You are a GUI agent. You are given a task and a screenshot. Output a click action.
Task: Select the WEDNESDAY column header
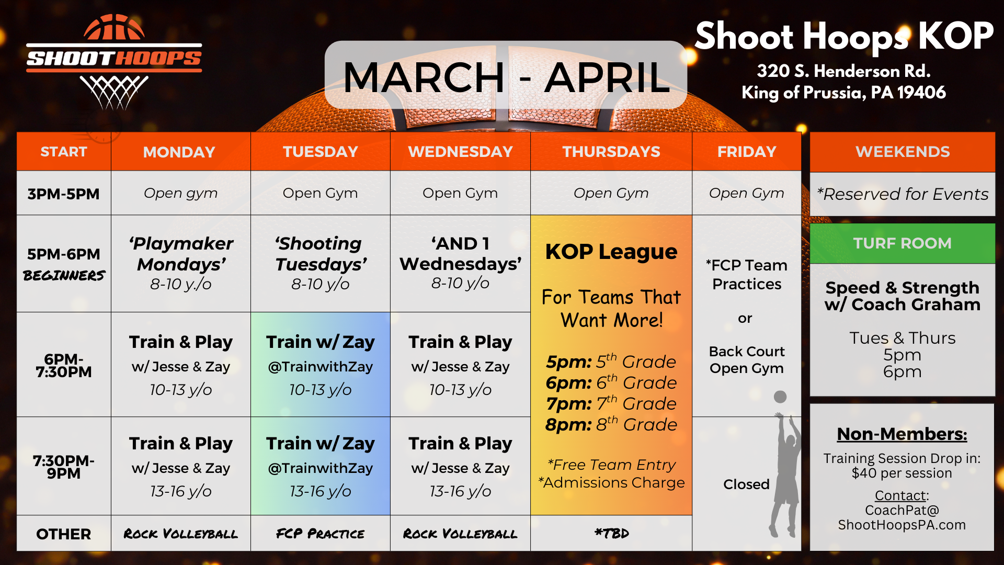[x=460, y=152]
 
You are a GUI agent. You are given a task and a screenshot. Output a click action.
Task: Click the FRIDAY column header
[x=747, y=152]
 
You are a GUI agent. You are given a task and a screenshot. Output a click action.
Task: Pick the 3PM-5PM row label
[x=63, y=194]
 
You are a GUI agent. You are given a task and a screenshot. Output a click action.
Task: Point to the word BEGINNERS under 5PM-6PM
[x=64, y=275]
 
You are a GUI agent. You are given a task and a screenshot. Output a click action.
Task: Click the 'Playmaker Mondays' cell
[x=181, y=263]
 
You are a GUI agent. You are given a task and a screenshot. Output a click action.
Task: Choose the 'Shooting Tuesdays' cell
[x=321, y=263]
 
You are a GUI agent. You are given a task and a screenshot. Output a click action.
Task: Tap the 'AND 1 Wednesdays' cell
[x=460, y=263]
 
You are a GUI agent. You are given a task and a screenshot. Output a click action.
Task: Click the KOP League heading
[x=611, y=252]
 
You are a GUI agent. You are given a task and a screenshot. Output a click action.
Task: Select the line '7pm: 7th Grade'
[x=611, y=403]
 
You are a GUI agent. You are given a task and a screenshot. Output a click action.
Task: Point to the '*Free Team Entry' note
[x=611, y=465]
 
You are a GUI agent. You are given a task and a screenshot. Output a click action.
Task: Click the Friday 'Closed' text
[x=746, y=484]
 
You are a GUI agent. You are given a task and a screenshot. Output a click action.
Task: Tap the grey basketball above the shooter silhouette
[x=780, y=397]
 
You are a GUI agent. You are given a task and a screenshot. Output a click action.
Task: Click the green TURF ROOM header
[x=903, y=243]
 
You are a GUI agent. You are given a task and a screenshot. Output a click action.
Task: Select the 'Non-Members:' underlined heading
[x=902, y=434]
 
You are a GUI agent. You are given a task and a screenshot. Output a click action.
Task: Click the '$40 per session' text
[x=902, y=473]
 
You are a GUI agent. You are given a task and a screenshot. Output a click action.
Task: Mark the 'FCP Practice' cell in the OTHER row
[x=321, y=534]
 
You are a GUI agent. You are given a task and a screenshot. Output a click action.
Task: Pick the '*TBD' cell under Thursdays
[x=611, y=534]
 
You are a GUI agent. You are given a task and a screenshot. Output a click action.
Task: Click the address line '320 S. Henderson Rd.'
[x=843, y=71]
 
